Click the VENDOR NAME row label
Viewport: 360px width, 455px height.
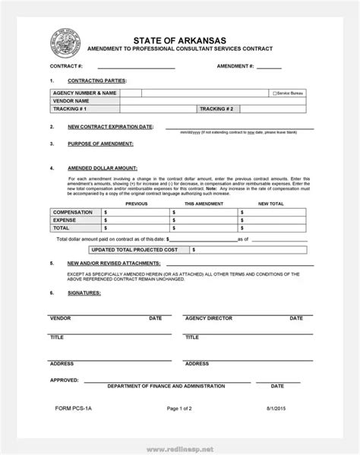tap(71, 100)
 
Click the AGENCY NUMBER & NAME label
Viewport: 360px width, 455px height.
tap(84, 92)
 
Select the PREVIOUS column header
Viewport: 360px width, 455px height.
tap(137, 204)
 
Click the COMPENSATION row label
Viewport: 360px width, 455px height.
tap(74, 213)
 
